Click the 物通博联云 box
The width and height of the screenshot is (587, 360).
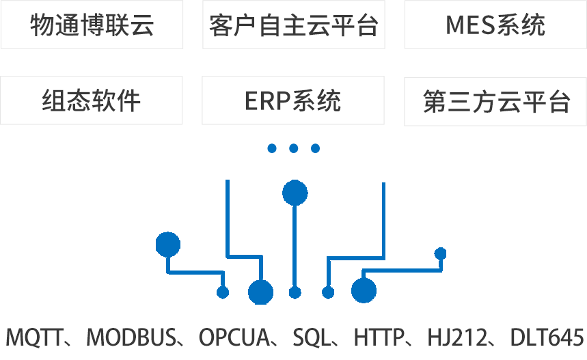tap(92, 25)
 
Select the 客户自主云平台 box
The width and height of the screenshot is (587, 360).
tap(293, 25)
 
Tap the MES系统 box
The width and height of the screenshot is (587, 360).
tap(495, 25)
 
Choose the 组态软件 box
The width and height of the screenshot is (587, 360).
tap(92, 100)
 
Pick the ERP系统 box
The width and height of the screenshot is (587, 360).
tap(293, 100)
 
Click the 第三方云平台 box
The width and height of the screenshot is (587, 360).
tap(495, 102)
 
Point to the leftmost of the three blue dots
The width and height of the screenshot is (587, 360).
tap(272, 148)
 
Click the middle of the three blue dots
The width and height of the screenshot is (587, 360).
tap(294, 148)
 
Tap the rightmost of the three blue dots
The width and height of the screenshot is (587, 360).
tap(315, 148)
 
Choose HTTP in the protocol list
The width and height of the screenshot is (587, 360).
tap(378, 337)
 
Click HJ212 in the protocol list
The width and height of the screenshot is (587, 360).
tap(454, 337)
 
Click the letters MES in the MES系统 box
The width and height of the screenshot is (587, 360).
tap(469, 25)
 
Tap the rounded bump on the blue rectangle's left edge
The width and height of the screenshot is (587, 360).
tap(161, 244)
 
